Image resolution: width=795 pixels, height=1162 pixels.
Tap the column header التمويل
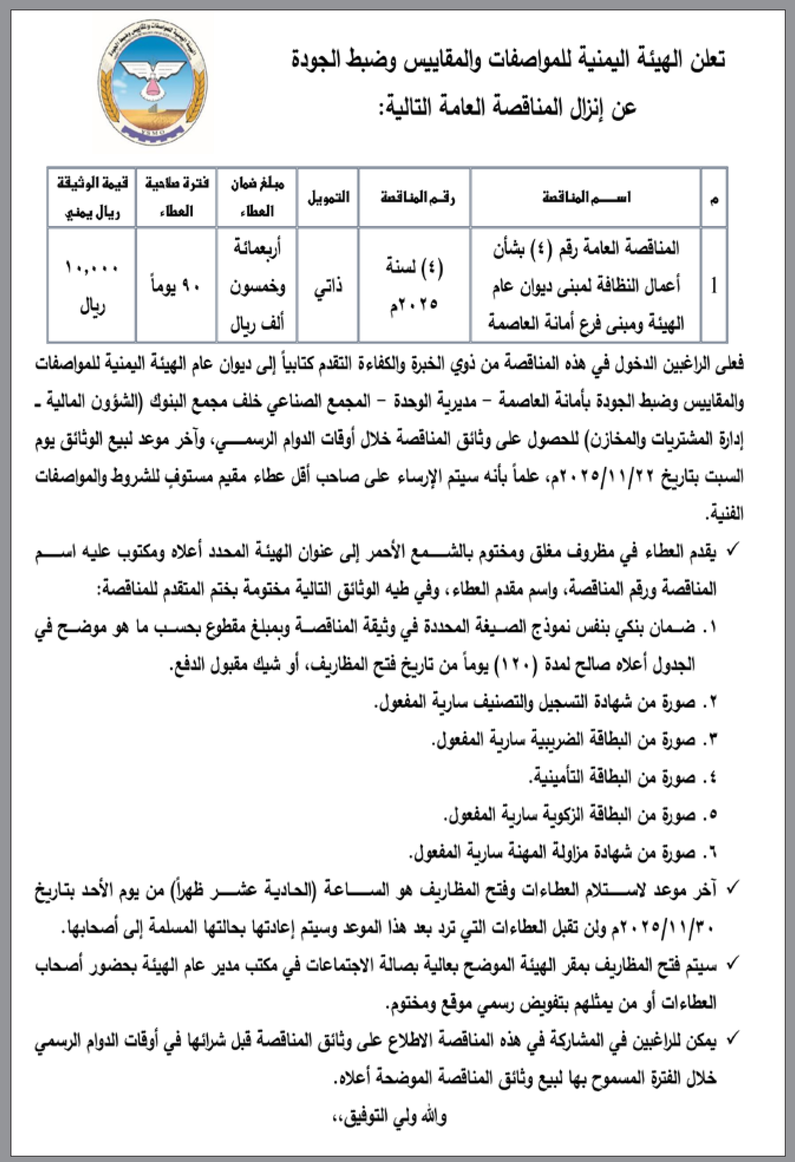click(328, 198)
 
